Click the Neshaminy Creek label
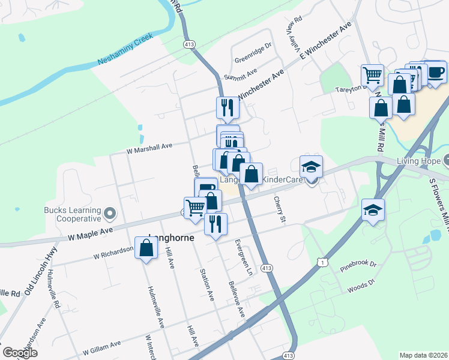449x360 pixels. coord(124,50)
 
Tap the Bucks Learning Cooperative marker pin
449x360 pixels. coord(109,213)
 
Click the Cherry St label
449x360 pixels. coord(279,209)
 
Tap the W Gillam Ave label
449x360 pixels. coord(102,346)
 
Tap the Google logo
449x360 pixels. coord(20,353)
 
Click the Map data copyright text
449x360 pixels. coord(423,355)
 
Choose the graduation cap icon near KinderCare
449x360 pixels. coord(312,167)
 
